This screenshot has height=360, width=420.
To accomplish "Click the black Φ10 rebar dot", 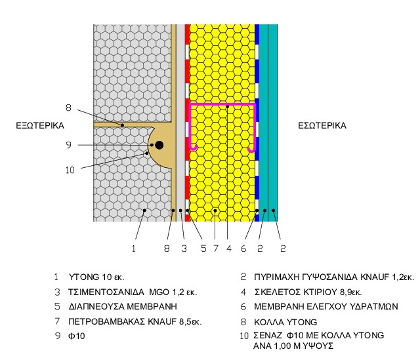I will point(159,144).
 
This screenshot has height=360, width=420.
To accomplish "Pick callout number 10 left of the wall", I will point(70,169).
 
